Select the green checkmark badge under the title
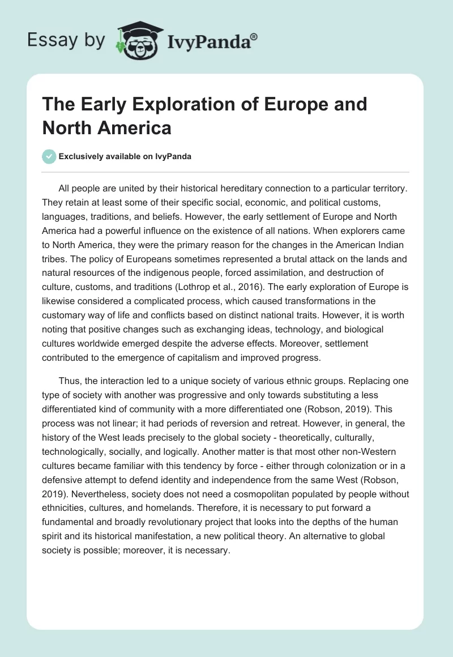click(50, 157)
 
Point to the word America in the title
click(136, 128)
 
